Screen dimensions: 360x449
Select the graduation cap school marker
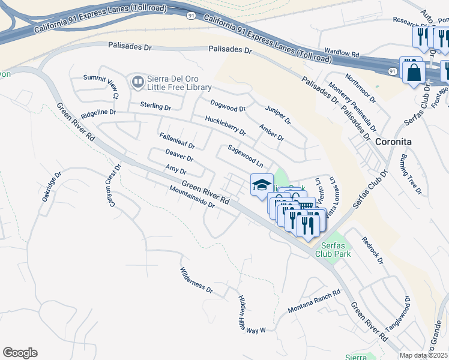(x=262, y=185)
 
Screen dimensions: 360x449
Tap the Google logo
(x=20, y=353)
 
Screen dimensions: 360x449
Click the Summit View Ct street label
(x=101, y=86)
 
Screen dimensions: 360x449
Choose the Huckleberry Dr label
(x=225, y=125)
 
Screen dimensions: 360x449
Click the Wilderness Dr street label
(x=196, y=280)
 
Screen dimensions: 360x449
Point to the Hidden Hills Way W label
(x=252, y=315)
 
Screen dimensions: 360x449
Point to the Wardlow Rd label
(x=340, y=53)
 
